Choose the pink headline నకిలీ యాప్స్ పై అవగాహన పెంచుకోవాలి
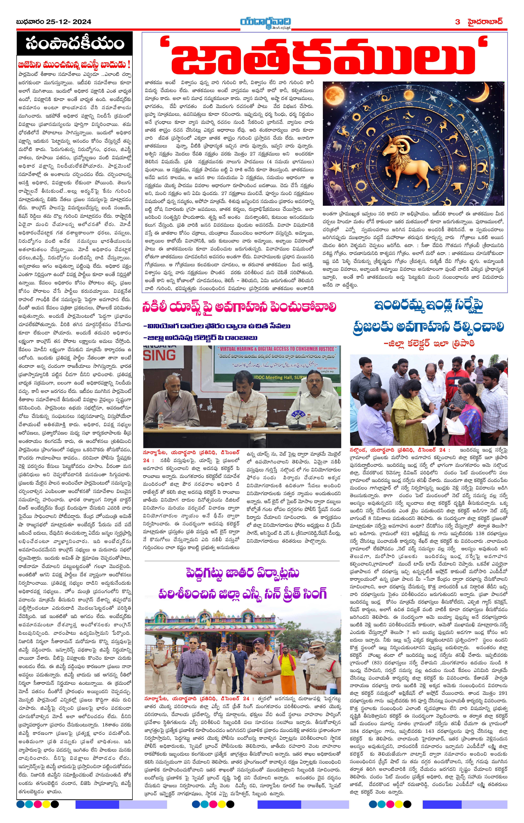point(239,307)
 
